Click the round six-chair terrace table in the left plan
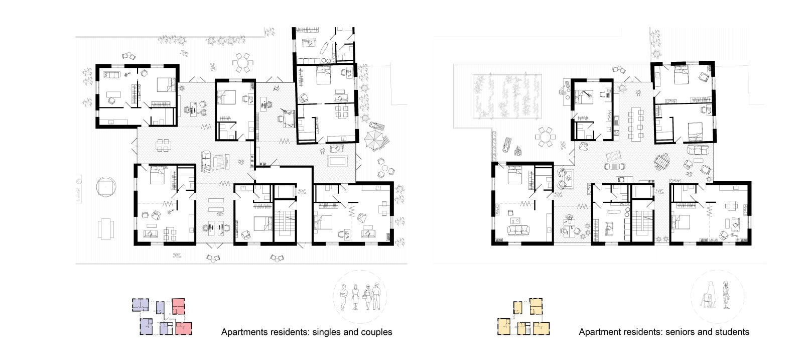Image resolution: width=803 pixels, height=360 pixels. tap(243, 63)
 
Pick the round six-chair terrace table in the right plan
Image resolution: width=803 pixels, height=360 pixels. tap(545, 137)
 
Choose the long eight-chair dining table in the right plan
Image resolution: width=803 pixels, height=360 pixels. tap(635, 124)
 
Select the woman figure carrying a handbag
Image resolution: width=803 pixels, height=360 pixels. tap(367, 297)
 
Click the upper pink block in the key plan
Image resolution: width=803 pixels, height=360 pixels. tap(178, 306)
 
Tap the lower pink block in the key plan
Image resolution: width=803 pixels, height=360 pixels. tap(184, 328)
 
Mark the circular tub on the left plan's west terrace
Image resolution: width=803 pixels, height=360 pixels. tap(106, 187)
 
